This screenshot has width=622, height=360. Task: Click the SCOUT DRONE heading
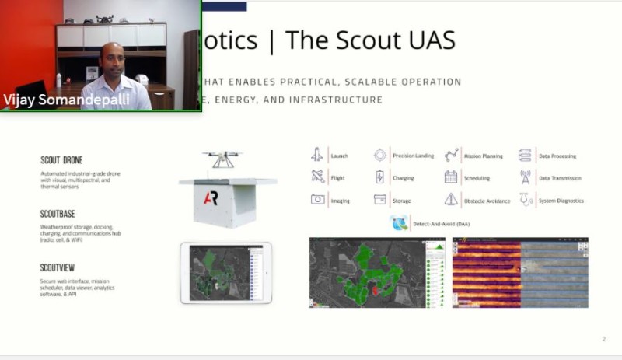coord(61,160)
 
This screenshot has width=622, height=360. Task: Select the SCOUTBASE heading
coord(60,214)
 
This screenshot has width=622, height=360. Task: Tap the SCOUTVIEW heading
coord(59,267)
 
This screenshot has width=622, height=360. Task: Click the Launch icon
coord(317,156)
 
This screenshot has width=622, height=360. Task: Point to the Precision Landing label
coord(414,156)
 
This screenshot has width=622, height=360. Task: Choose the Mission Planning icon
coord(451,156)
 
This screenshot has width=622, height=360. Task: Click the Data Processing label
coord(557,156)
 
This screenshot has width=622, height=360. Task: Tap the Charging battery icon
coord(379,177)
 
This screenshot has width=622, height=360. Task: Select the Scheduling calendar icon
coord(451,177)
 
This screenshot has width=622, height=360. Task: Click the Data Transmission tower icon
coord(525,177)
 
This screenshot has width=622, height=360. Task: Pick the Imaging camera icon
coord(317,200)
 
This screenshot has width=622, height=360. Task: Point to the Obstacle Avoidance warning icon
coord(451,200)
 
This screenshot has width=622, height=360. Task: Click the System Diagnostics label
coord(561,201)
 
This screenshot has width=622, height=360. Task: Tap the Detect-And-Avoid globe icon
coord(400,224)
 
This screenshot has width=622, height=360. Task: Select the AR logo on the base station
coord(211,198)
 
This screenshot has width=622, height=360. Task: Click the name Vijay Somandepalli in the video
coord(56,99)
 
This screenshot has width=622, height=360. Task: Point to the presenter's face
coord(113,60)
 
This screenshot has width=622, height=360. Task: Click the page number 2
coord(603,339)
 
